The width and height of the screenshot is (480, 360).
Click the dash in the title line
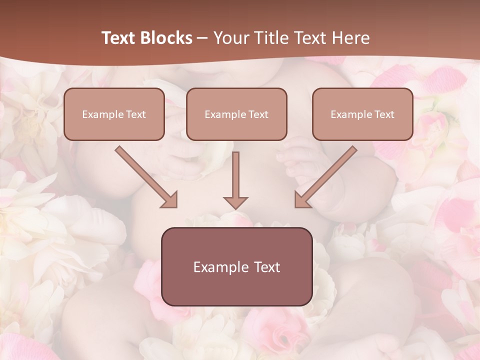click(202, 38)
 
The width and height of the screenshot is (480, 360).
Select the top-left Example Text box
click(114, 114)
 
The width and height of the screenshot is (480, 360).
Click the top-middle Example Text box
click(236, 114)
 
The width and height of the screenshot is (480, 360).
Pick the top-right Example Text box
click(362, 114)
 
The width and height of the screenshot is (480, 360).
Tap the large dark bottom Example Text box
click(237, 266)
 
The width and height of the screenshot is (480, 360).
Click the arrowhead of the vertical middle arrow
click(236, 202)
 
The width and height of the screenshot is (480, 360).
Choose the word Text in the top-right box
click(384, 114)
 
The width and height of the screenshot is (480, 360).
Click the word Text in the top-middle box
click(258, 114)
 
